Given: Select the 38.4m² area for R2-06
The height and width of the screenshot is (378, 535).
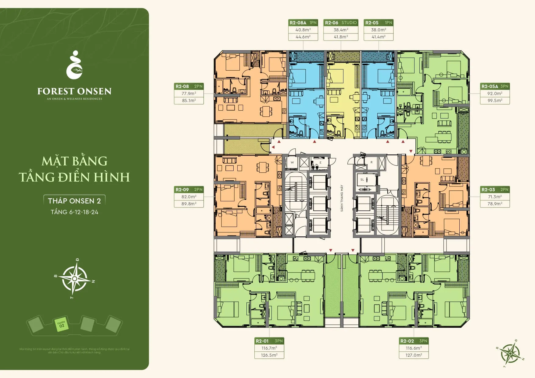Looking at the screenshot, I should point(341,30).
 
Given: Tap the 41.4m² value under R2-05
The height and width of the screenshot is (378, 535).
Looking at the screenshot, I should point(378,37).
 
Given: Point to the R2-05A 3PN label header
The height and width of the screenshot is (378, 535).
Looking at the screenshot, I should point(495,87).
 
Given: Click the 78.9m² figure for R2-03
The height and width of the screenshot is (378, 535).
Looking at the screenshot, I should point(495,204).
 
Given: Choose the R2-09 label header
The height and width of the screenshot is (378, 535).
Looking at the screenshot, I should point(189,190).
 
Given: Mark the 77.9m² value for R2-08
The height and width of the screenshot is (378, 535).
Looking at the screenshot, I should point(189,94).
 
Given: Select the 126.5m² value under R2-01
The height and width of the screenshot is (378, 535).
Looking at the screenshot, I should point(269,355).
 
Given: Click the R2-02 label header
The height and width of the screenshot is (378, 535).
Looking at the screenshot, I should point(414,341).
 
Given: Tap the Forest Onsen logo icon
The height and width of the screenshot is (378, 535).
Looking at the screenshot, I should point(74,65).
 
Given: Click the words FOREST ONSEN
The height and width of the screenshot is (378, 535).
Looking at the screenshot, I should point(74,91).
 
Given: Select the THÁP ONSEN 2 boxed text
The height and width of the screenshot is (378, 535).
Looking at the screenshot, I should point(74,201).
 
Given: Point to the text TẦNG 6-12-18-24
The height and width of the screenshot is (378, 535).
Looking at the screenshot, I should point(74,212).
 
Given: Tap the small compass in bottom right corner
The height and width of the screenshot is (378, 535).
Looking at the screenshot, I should point(510,354).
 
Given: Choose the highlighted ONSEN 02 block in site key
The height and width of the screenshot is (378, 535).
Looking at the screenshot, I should point(61,325).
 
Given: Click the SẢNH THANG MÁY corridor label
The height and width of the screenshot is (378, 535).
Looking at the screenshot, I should point(342,198).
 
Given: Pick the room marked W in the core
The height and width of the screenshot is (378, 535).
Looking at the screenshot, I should point(292,162).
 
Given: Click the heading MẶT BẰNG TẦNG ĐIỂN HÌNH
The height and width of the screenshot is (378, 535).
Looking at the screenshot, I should point(74,169).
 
